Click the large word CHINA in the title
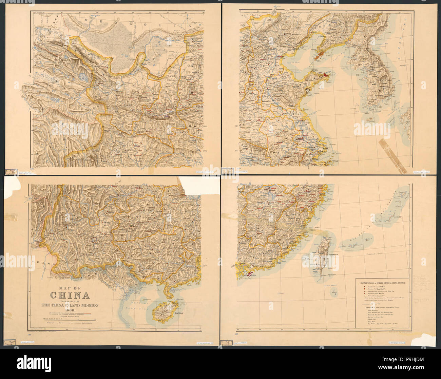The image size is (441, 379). point(70,294)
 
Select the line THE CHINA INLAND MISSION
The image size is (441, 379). point(70,305)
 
